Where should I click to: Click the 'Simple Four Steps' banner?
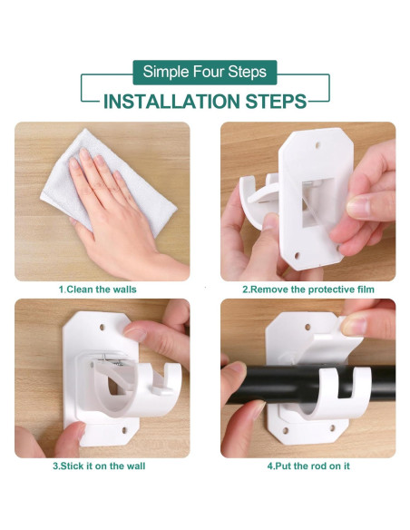(205, 72)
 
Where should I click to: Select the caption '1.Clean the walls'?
(98, 290)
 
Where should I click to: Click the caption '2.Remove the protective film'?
(308, 290)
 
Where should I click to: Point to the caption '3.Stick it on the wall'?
(99, 466)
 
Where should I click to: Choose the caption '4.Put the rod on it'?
(308, 466)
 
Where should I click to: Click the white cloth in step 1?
(108, 182)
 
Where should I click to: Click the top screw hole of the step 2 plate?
(317, 145)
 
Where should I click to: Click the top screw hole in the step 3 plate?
(102, 328)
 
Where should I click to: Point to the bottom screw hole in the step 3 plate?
(124, 430)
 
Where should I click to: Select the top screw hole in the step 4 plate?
(307, 327)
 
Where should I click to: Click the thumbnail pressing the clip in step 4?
(353, 326)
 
